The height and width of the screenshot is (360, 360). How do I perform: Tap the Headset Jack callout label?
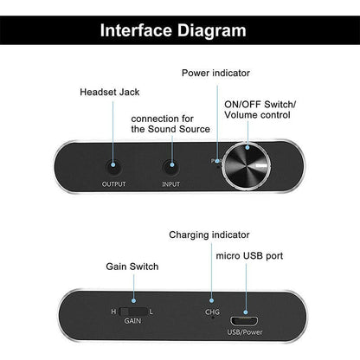[x=109, y=93]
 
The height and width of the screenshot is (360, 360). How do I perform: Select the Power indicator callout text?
[x=216, y=72]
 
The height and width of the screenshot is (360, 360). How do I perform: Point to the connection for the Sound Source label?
[x=170, y=123]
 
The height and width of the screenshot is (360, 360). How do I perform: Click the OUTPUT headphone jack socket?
[x=113, y=161]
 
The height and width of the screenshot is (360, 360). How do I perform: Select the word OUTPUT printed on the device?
[x=113, y=184]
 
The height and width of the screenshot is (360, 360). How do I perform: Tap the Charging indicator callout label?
[x=209, y=235]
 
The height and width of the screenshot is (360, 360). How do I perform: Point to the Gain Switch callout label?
[x=132, y=267]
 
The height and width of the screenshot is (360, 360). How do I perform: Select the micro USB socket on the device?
[x=247, y=310]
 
